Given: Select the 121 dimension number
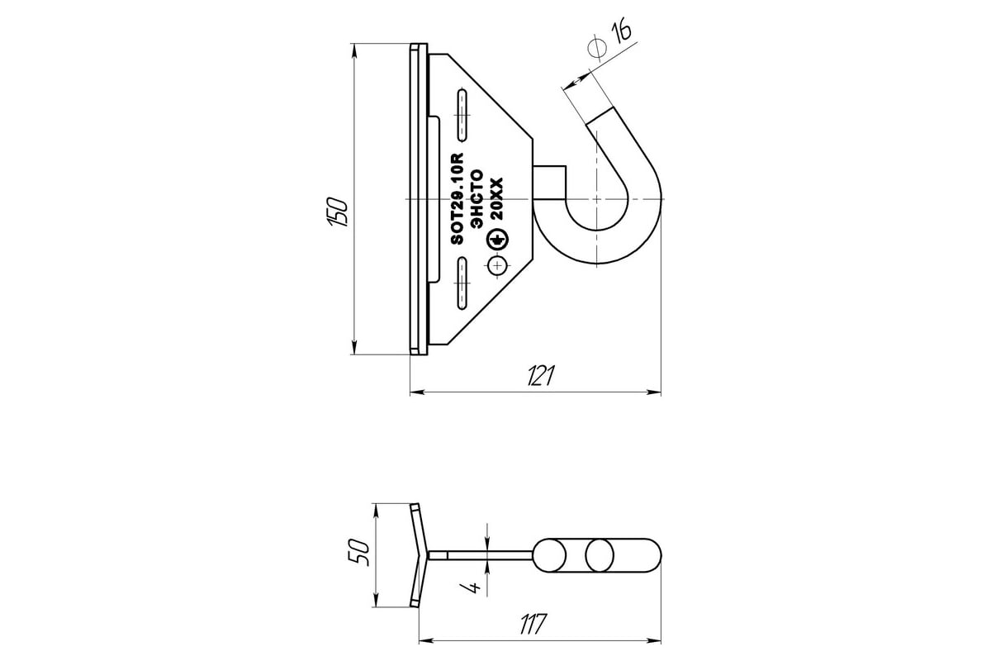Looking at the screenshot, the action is click(541, 375).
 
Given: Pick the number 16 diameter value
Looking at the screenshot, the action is click(621, 32).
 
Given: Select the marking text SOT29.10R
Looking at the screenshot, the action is click(458, 198).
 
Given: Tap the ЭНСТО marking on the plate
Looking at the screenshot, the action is click(478, 199).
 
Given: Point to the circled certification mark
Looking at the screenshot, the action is click(497, 240).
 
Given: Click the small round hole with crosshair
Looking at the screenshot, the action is click(498, 266).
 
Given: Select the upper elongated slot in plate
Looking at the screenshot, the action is click(462, 115).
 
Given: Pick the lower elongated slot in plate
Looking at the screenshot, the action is click(462, 283).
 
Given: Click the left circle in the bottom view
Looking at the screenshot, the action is click(551, 555).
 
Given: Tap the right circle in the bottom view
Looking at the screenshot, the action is click(600, 555).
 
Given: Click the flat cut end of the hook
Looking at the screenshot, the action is click(600, 115).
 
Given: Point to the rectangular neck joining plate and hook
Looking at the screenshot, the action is click(549, 182).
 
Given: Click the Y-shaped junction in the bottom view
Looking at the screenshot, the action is click(424, 555).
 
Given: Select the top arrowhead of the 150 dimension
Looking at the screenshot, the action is click(354, 52).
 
